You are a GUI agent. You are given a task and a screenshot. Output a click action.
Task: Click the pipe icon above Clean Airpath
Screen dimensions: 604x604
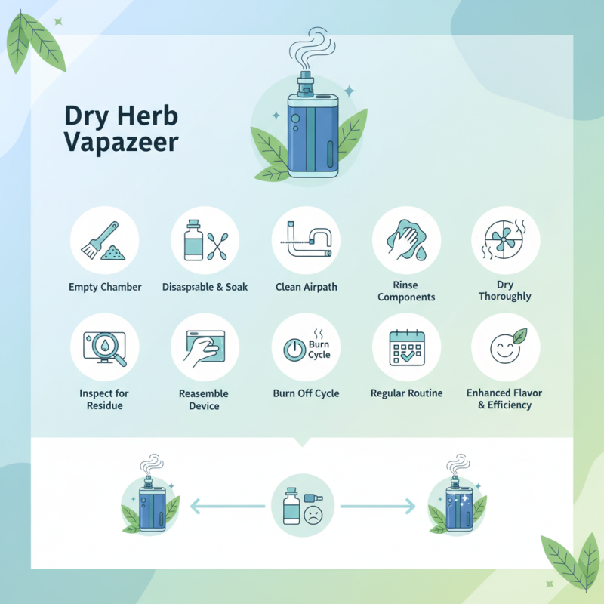(x=305, y=239)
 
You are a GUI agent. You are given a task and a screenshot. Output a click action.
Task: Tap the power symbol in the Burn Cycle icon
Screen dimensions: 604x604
(x=292, y=350)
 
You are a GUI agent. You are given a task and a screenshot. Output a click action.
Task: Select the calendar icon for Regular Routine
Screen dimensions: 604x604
(x=405, y=347)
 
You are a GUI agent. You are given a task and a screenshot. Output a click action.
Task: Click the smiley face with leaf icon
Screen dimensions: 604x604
(x=505, y=347)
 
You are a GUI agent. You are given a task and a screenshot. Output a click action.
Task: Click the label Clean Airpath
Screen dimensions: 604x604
(x=305, y=288)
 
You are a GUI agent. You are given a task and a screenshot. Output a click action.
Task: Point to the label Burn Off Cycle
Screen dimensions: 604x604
(x=306, y=393)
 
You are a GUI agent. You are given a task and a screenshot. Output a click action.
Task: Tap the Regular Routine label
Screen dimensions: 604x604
(x=406, y=393)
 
